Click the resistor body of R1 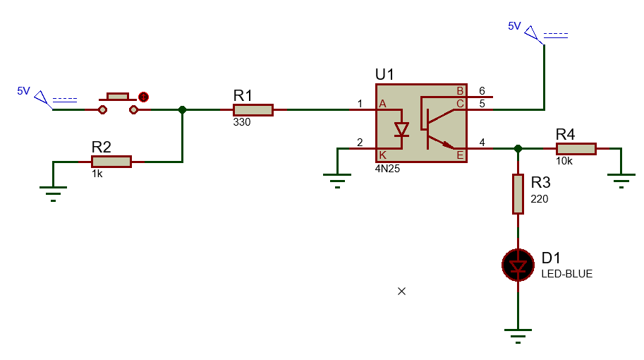tap(253, 109)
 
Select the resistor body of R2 tap(111, 162)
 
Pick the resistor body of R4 tap(576, 148)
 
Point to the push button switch tap(118, 103)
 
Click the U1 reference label tap(385, 75)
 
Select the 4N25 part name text tap(388, 169)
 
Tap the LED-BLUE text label tap(566, 274)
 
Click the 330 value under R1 tap(242, 122)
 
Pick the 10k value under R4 tap(564, 161)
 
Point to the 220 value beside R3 tap(540, 199)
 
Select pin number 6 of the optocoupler tap(482, 90)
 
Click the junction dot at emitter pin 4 tap(518, 148)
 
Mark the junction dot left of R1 tap(183, 109)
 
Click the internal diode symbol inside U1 tap(401, 130)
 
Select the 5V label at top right tap(514, 26)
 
